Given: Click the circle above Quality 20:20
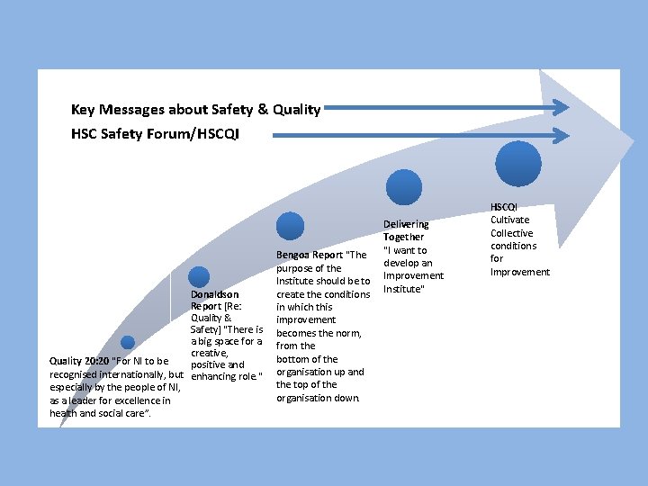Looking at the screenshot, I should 128,342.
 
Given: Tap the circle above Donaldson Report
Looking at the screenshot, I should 199,277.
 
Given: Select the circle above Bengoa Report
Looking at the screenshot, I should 290,226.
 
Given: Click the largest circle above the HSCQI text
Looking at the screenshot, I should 519,163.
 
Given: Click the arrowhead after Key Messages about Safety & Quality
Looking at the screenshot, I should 561,108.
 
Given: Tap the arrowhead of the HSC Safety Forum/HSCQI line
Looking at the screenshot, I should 561,136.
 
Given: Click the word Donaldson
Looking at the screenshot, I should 214,294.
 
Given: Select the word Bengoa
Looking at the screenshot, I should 292,255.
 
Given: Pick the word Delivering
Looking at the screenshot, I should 406,224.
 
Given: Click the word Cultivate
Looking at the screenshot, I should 510,220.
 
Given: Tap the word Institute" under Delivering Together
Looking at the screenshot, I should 402,289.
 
